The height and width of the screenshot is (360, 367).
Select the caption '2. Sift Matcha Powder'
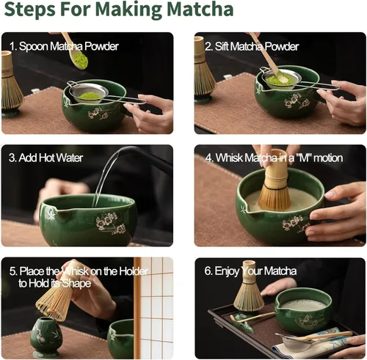(252, 46)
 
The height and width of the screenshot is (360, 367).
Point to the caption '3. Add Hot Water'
(46, 158)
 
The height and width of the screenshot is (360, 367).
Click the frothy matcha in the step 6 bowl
(302, 304)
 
